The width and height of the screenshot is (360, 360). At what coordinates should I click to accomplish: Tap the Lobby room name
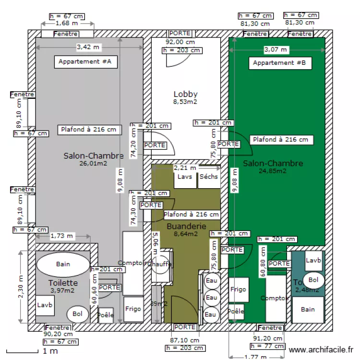click(185, 94)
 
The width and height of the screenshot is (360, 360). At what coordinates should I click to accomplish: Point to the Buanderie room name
click(186, 226)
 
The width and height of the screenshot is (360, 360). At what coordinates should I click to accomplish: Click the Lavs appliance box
click(185, 177)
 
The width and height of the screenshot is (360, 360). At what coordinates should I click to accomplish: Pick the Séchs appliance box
click(209, 177)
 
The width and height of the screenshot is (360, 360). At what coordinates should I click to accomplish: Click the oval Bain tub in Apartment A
click(63, 264)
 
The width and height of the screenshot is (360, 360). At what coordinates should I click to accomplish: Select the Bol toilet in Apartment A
click(77, 314)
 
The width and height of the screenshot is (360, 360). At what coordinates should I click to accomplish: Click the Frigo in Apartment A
click(132, 309)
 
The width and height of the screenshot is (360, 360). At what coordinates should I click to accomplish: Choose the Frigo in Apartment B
click(238, 289)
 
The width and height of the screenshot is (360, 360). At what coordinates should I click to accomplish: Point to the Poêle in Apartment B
click(236, 312)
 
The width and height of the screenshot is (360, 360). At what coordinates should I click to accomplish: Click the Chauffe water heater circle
click(159, 264)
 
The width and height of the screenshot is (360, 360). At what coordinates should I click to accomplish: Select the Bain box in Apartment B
click(308, 310)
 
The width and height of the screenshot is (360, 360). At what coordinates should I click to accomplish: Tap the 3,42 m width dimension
click(89, 47)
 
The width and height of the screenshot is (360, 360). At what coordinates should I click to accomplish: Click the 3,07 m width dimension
click(276, 49)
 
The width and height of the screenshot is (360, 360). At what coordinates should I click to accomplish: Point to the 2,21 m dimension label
click(185, 168)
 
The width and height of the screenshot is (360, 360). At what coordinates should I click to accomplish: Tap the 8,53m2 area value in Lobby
click(185, 102)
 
